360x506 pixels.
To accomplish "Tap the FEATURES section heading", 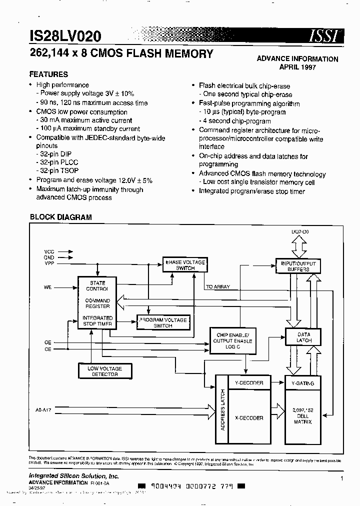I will click(48, 74).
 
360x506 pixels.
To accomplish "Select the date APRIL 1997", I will click(297, 67).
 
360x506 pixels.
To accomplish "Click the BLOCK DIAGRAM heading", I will click(61, 217).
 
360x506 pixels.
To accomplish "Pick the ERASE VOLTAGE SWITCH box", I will click(184, 265).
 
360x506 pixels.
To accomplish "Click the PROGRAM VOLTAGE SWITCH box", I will click(162, 322).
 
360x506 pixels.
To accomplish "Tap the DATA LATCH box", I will click(303, 337).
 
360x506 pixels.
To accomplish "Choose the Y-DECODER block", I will click(248, 383).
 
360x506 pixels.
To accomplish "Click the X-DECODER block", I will click(248, 418).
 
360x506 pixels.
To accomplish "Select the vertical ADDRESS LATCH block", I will click(222, 409).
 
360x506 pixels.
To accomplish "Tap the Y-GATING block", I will click(303, 383).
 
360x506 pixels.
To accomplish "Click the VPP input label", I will click(49, 263).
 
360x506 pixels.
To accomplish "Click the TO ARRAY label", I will click(217, 287).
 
